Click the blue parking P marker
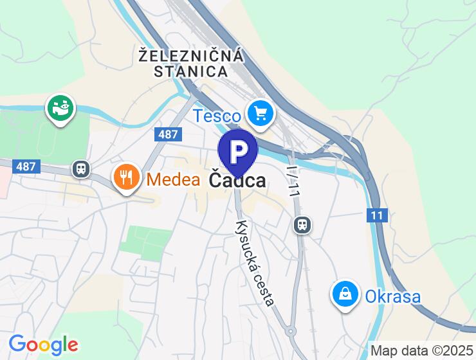click(238, 151)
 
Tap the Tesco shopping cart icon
click(260, 114)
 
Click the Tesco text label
click(217, 116)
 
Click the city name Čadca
click(237, 181)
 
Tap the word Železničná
click(191, 55)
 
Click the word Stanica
click(191, 71)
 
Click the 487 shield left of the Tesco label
click(168, 134)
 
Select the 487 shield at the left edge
click(26, 166)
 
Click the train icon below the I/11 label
click(302, 224)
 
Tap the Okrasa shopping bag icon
click(345, 294)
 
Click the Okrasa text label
click(392, 296)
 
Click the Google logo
click(43, 345)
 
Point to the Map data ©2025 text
click(421, 351)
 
